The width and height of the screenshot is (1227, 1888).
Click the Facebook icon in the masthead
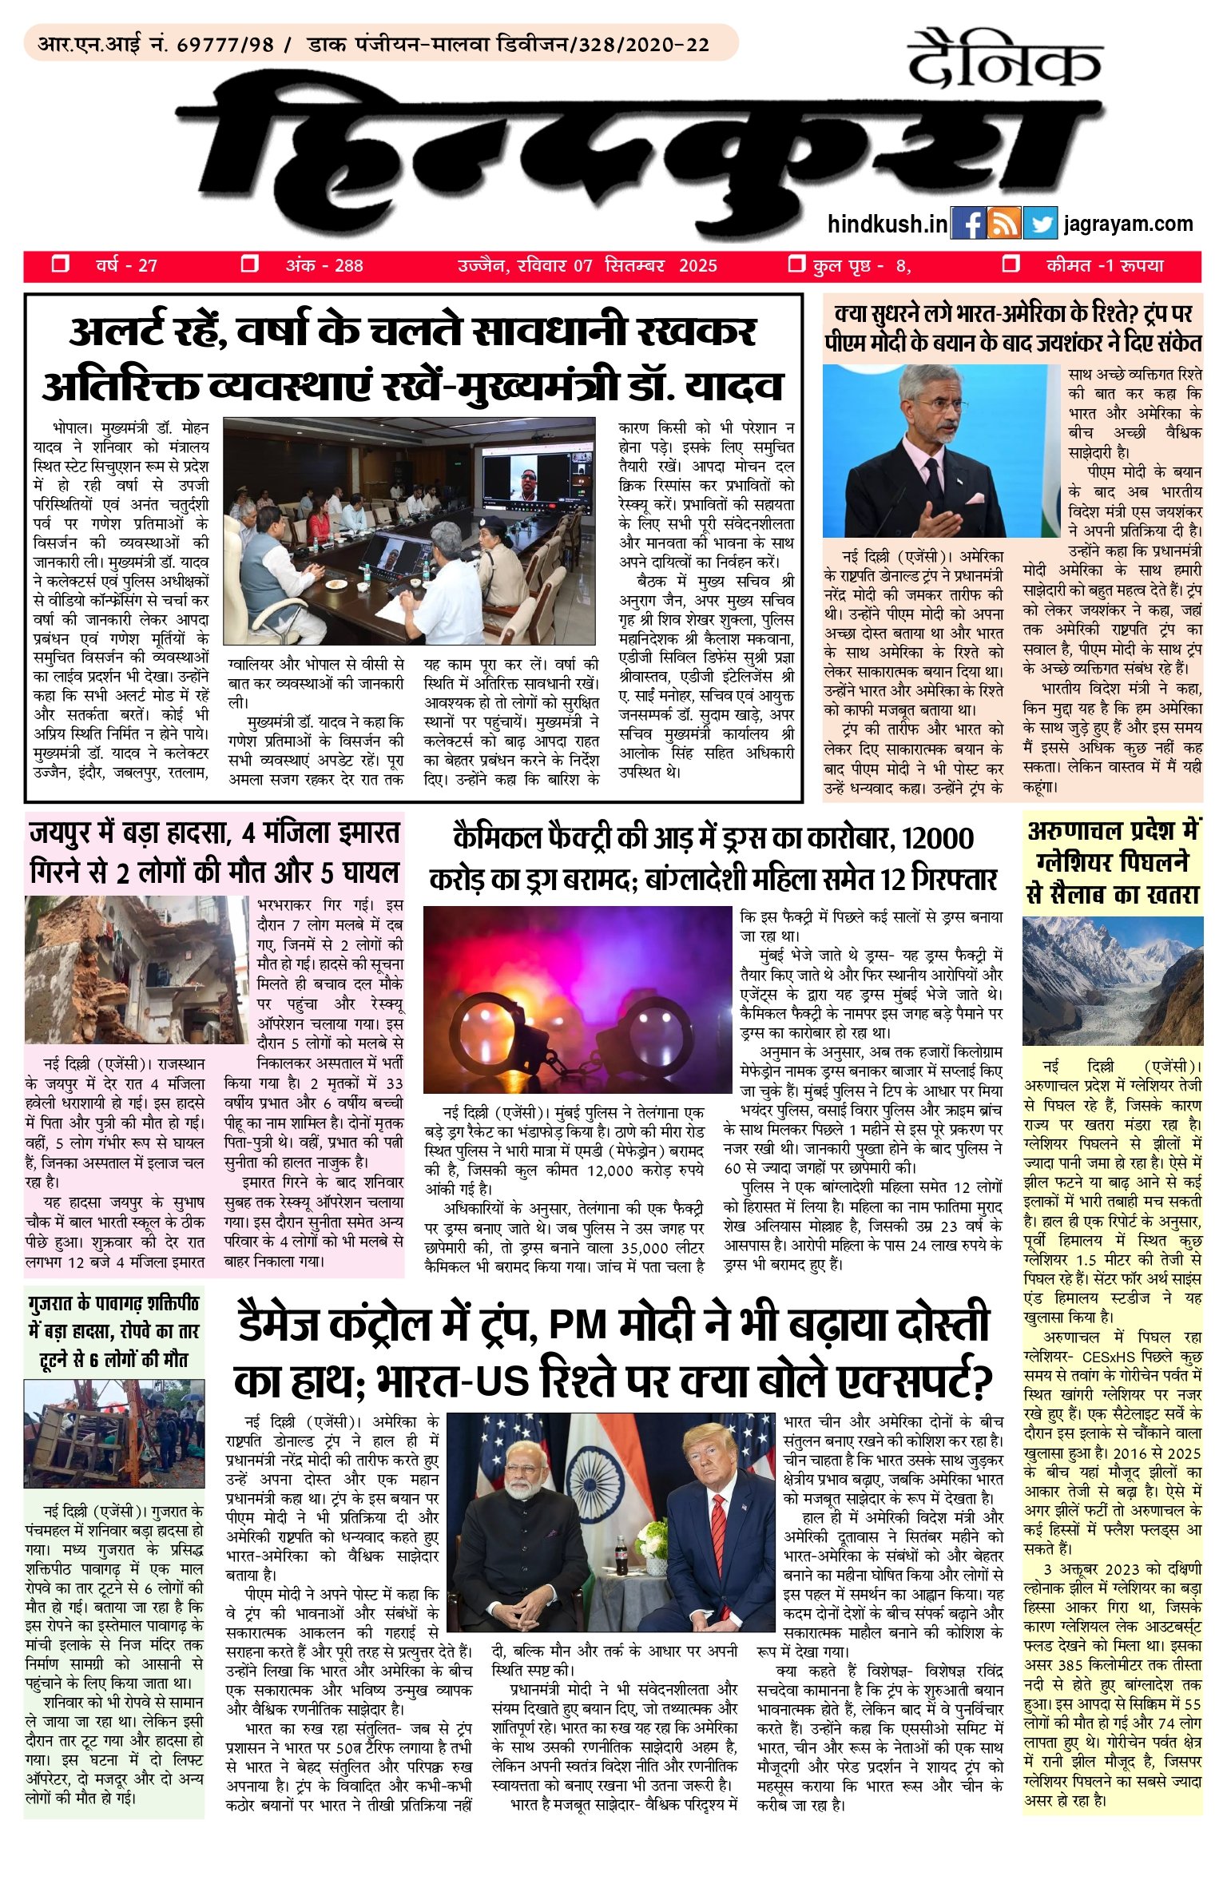coord(969,224)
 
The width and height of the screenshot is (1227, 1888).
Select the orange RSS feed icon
coord(1004,224)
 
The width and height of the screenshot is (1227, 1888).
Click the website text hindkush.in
coord(887,225)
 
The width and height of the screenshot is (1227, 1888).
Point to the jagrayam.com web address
coord(1129,225)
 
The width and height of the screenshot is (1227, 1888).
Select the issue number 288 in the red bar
coord(348,266)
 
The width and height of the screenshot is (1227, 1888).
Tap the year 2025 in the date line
coord(698,266)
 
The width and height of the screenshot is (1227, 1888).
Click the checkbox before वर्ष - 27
coord(60,264)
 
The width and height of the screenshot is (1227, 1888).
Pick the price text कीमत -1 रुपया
coord(1105,266)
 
